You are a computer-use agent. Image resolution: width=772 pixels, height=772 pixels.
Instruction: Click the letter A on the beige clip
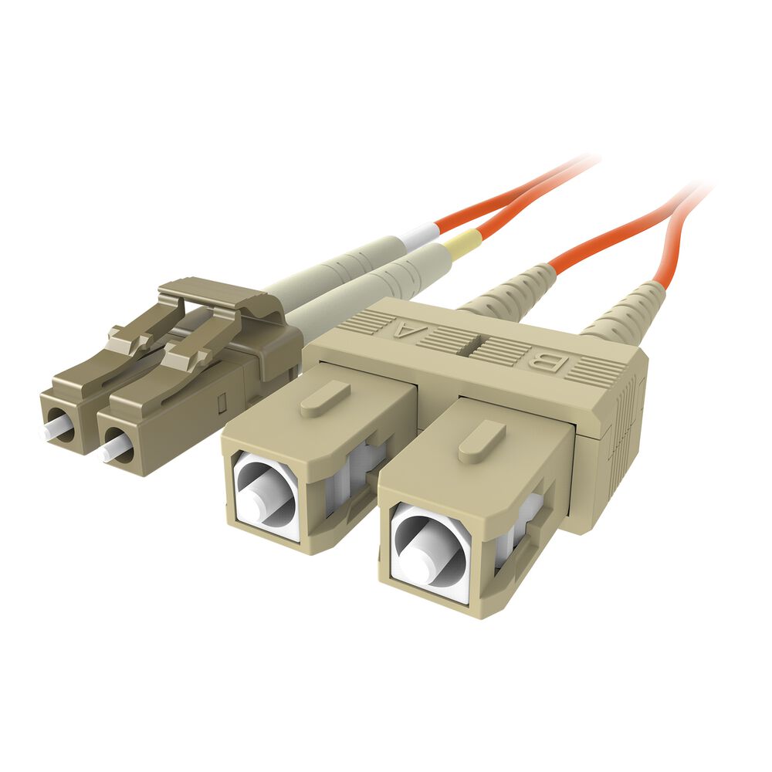coord(404,332)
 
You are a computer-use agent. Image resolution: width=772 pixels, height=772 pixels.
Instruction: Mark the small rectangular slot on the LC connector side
coord(220,402)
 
